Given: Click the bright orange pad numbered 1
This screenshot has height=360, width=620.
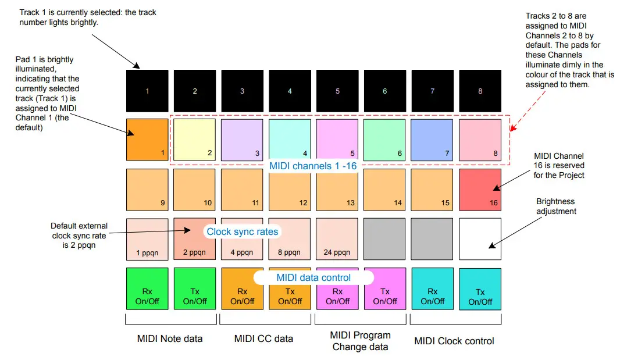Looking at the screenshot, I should coord(147,139).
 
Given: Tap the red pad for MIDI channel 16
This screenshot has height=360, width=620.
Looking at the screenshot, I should coord(480,190).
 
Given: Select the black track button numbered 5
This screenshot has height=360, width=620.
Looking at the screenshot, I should coord(337,91).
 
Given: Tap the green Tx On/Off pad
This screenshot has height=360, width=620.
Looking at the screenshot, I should coord(195,289).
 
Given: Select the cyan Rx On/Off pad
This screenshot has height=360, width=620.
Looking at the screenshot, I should coord(432,289).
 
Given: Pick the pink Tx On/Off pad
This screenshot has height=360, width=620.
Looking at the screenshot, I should coord(385,289).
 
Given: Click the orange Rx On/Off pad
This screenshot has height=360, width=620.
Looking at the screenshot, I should coord(243,289).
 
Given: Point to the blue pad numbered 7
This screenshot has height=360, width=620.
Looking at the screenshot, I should coord(432,139).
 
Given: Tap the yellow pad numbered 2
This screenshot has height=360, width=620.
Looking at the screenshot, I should coord(195,139).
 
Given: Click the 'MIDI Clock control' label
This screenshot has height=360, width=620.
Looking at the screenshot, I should coord(454,341).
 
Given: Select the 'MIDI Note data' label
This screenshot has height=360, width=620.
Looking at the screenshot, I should coord(170,338).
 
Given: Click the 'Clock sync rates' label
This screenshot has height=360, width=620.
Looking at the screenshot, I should coord(243,231).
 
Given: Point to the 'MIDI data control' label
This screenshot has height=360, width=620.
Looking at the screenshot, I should coord(313,277).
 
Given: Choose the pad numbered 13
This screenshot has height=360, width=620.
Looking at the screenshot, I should coord(337,190).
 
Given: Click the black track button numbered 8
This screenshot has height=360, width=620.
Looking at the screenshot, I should coord(480,91).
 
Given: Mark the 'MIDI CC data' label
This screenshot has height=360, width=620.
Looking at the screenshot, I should coord(263,338).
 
